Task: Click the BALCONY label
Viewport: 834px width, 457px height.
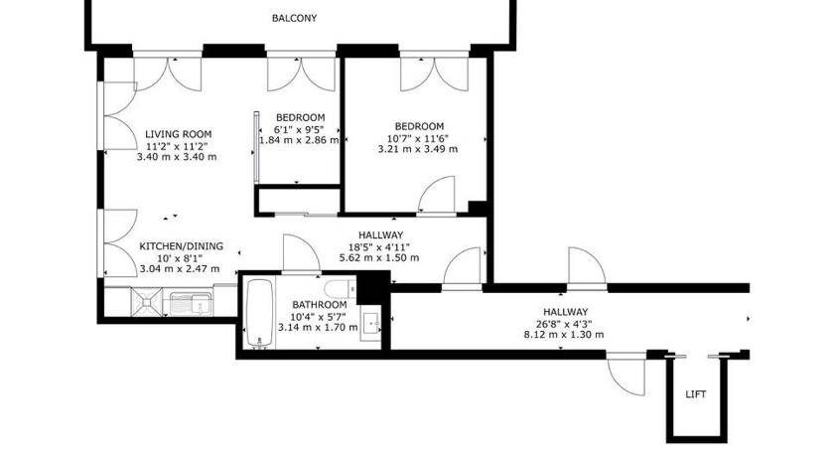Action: [x=294, y=18]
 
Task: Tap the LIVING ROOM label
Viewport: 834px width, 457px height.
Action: [x=178, y=134]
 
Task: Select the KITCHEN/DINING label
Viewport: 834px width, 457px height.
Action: [x=182, y=246]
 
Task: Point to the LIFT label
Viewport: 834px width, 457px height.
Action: [x=696, y=394]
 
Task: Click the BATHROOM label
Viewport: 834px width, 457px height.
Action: [x=320, y=305]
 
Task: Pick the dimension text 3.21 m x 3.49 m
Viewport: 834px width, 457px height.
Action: [x=418, y=149]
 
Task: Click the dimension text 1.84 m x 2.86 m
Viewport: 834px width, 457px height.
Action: [x=300, y=140]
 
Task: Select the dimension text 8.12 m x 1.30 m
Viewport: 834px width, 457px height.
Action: [x=564, y=335]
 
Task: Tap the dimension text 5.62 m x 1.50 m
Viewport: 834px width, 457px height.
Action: [x=379, y=257]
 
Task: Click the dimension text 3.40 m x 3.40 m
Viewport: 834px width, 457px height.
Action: [x=177, y=157]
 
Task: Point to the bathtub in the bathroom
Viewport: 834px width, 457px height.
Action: [x=259, y=314]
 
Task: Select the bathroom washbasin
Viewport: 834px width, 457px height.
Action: [x=371, y=324]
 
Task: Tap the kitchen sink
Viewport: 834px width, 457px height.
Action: [x=191, y=304]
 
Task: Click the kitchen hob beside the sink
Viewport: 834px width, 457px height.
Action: [x=147, y=302]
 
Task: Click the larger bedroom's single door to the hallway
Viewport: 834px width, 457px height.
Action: [x=437, y=196]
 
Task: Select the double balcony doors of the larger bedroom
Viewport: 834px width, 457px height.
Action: [x=435, y=73]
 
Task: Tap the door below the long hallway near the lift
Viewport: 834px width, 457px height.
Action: [x=626, y=376]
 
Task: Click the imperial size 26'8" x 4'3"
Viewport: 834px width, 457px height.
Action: [x=565, y=324]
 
